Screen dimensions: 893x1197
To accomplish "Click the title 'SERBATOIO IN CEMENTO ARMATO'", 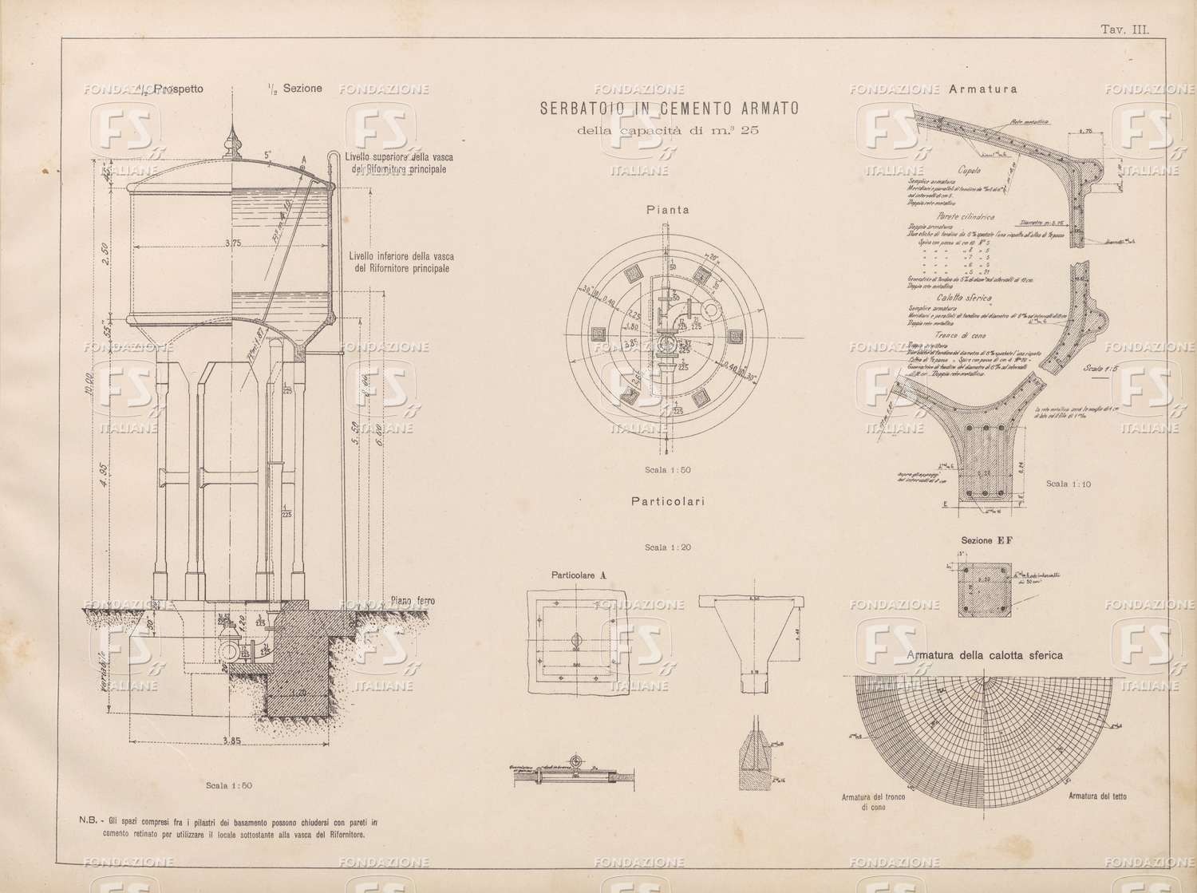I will click(669, 109).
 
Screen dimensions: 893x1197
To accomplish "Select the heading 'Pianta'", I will click(668, 211).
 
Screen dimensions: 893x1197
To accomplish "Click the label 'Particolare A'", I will click(579, 574).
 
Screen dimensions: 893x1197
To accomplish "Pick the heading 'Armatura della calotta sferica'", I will click(985, 655).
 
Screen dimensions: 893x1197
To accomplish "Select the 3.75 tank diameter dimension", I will click(233, 243).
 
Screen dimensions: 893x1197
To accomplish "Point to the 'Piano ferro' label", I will click(413, 601).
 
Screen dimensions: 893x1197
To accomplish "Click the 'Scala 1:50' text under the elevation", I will click(229, 785).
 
